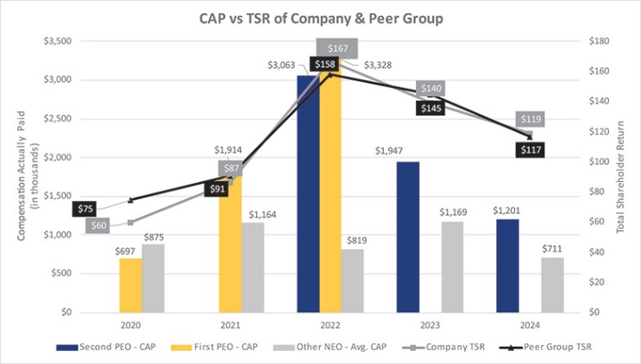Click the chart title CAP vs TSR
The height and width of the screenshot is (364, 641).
[320, 16]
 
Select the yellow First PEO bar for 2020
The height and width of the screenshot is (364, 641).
[130, 285]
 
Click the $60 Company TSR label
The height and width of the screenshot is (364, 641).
[99, 225]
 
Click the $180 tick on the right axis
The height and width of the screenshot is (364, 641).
[599, 41]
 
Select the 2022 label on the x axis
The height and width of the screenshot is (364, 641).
[330, 326]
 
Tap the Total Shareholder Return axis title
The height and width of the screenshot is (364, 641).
[628, 176]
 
